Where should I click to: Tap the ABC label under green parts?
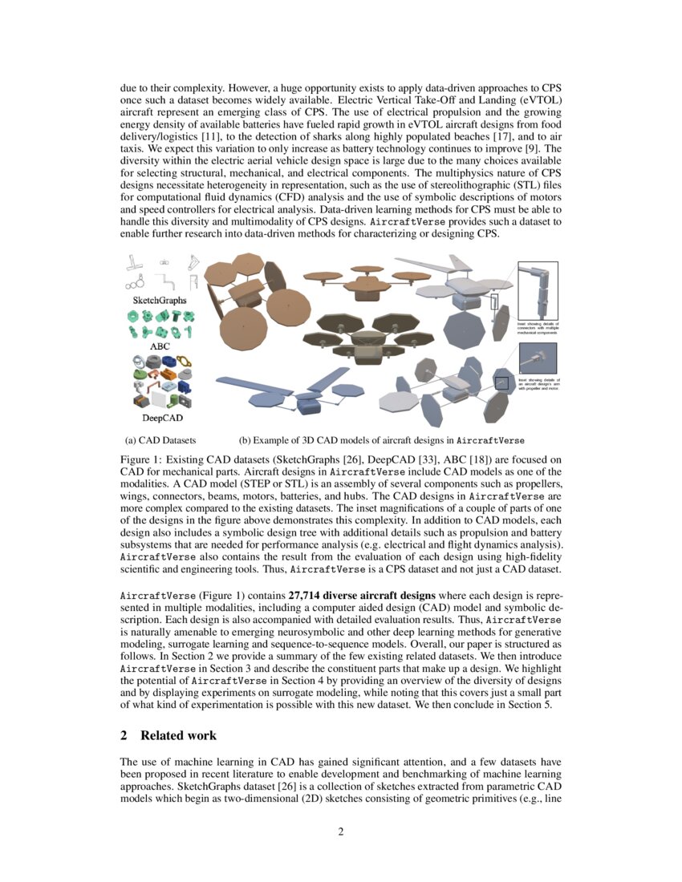click(x=160, y=346)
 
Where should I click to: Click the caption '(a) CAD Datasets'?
click(x=160, y=440)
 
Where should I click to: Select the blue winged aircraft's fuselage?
click(x=311, y=404)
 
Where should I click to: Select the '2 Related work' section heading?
click(x=168, y=735)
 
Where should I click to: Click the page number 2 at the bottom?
click(x=340, y=831)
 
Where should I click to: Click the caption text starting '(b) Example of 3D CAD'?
click(x=382, y=440)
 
